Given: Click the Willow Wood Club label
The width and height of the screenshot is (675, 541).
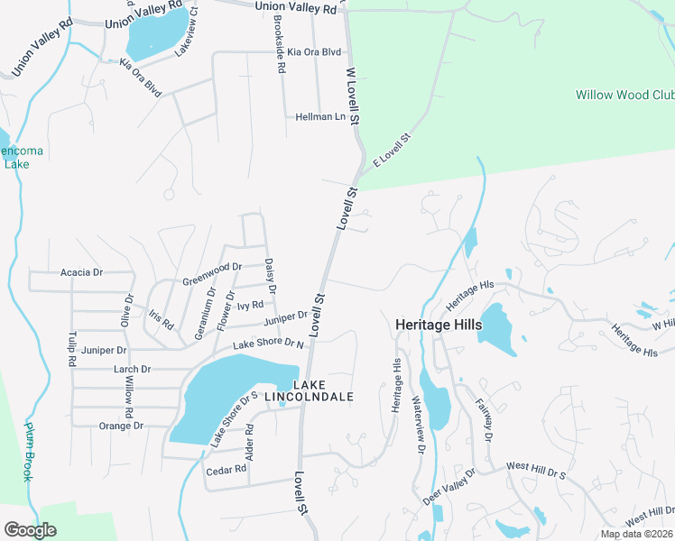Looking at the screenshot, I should pos(624,95).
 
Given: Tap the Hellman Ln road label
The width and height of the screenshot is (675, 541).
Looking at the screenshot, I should pos(320,117).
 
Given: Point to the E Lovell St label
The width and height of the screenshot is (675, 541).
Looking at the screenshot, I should pos(392,150).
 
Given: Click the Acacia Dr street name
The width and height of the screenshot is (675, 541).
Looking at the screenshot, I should pos(82,272).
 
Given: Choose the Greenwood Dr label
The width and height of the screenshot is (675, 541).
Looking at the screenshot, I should pos(212,272).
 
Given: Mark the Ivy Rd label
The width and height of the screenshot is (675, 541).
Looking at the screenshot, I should pos(250,306).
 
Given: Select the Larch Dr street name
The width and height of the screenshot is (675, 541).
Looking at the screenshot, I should pos(132,370).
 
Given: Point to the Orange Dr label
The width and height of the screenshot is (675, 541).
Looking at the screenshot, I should pos(121,426).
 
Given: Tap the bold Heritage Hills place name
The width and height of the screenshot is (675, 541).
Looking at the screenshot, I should pos(439,325).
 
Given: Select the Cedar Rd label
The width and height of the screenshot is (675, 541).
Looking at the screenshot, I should pos(227,470).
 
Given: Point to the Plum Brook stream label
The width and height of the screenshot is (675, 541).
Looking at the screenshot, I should pos(28,451).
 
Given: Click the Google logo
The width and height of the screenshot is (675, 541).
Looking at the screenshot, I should pos(30,529).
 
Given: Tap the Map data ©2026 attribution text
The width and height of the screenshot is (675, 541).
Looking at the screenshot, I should pos(635,534).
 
